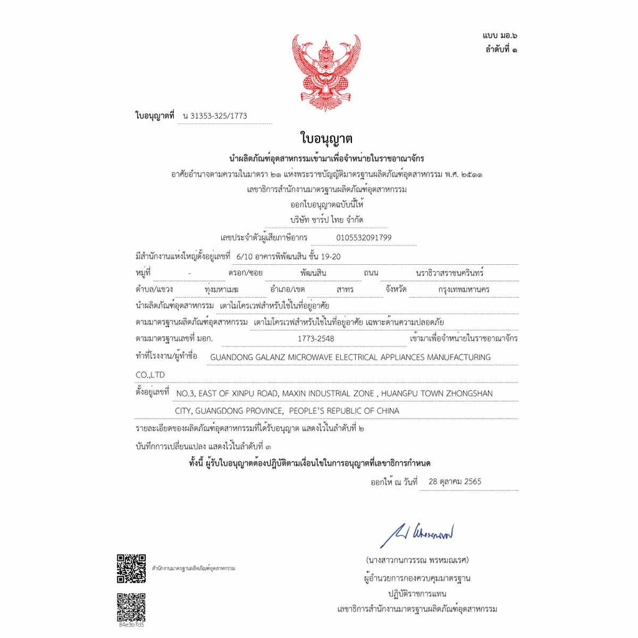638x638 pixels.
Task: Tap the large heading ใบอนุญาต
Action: [x=326, y=138]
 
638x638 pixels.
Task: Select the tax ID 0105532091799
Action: [x=364, y=237]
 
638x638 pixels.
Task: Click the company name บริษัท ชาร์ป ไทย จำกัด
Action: [x=326, y=220]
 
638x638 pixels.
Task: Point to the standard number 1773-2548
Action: [x=316, y=338]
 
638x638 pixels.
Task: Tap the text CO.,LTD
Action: [x=150, y=375]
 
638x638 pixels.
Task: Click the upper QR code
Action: [x=131, y=568]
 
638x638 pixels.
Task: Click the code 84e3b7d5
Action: [x=131, y=624]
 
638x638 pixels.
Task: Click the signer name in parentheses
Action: [x=417, y=559]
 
